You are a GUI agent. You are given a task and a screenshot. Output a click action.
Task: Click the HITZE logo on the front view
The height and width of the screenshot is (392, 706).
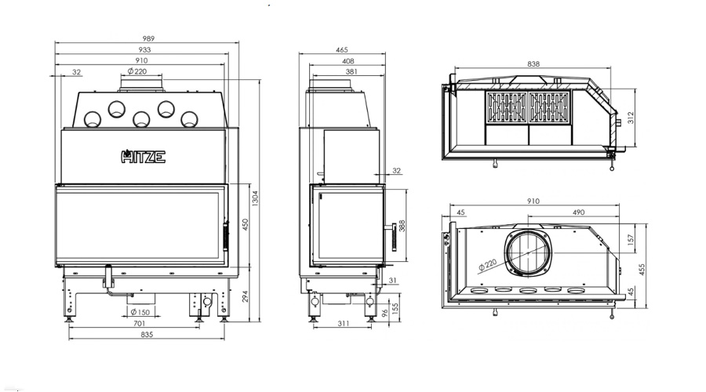click(144, 156)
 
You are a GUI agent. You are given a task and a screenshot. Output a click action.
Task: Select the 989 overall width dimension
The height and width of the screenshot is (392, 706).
click(148, 38)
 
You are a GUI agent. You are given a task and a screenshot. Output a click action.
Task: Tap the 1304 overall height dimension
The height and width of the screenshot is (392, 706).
click(255, 198)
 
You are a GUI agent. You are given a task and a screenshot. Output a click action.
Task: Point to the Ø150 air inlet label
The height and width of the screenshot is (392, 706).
click(140, 312)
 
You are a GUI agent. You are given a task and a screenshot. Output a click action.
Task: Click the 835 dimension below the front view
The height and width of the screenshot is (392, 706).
click(147, 335)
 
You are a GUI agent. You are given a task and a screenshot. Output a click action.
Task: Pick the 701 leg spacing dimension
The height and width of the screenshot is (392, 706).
click(139, 323)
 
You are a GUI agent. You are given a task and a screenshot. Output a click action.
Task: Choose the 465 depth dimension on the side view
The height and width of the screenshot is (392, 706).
click(342, 49)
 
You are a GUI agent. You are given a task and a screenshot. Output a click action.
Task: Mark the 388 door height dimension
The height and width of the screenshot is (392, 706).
click(402, 226)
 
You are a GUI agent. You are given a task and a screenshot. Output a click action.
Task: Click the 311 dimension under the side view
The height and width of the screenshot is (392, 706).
click(343, 323)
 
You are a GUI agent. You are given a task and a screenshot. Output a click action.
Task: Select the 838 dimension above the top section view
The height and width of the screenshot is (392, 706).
click(533, 64)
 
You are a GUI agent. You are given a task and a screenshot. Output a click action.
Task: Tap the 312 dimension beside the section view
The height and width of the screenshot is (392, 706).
click(631, 118)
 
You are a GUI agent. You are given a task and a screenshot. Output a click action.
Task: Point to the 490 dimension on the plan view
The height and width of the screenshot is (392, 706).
click(578, 212)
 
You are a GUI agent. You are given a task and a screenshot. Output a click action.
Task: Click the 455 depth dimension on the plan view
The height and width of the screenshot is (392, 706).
click(642, 269)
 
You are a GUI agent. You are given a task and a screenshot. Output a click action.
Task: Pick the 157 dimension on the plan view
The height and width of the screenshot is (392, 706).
click(631, 239)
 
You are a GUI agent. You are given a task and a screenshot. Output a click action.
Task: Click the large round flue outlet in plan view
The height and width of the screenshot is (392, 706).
click(528, 252)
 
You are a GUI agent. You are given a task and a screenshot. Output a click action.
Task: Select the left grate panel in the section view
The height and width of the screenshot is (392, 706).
click(507, 107)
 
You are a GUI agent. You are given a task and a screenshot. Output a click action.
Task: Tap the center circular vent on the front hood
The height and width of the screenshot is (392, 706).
click(141, 119)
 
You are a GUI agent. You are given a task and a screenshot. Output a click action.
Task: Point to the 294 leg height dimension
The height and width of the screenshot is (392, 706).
click(245, 296)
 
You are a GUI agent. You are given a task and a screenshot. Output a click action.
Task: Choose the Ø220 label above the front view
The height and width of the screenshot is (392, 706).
click(136, 71)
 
